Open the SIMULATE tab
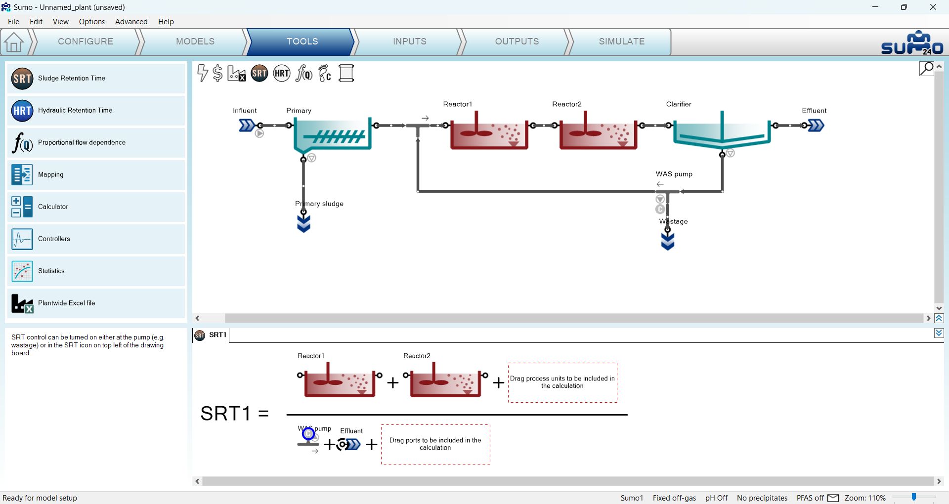pyautogui.click(x=621, y=42)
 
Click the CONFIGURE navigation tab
pyautogui.click(x=86, y=42)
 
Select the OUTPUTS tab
pyautogui.click(x=517, y=42)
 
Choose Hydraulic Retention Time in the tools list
pyautogui.click(x=96, y=111)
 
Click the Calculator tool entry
pyautogui.click(x=96, y=207)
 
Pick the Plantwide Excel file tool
pyautogui.click(x=96, y=303)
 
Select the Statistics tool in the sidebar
pyautogui.click(x=96, y=271)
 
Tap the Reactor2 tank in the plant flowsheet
pyautogui.click(x=598, y=131)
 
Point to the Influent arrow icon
pyautogui.click(x=247, y=126)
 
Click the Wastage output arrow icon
pyautogui.click(x=668, y=241)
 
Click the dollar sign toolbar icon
pyautogui.click(x=217, y=74)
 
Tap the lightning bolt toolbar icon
pyautogui.click(x=202, y=73)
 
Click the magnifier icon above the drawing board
pyautogui.click(x=926, y=69)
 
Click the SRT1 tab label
pyautogui.click(x=217, y=335)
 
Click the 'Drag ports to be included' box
pyautogui.click(x=435, y=444)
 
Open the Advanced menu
pyautogui.click(x=131, y=22)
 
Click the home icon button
pyautogui.click(x=14, y=42)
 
